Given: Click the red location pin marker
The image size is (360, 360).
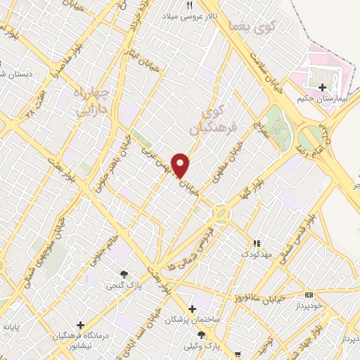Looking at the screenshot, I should coord(181,165).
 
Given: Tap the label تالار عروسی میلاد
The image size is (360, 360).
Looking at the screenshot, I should coord(189,15).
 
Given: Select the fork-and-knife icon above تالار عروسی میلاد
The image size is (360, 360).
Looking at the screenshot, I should coord(189,5).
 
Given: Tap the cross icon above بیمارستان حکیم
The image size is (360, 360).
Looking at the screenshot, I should coord(323,88).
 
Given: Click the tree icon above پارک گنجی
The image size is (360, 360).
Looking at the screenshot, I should coord(124,275).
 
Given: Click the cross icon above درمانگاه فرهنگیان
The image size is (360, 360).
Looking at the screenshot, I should coord(81,326).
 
